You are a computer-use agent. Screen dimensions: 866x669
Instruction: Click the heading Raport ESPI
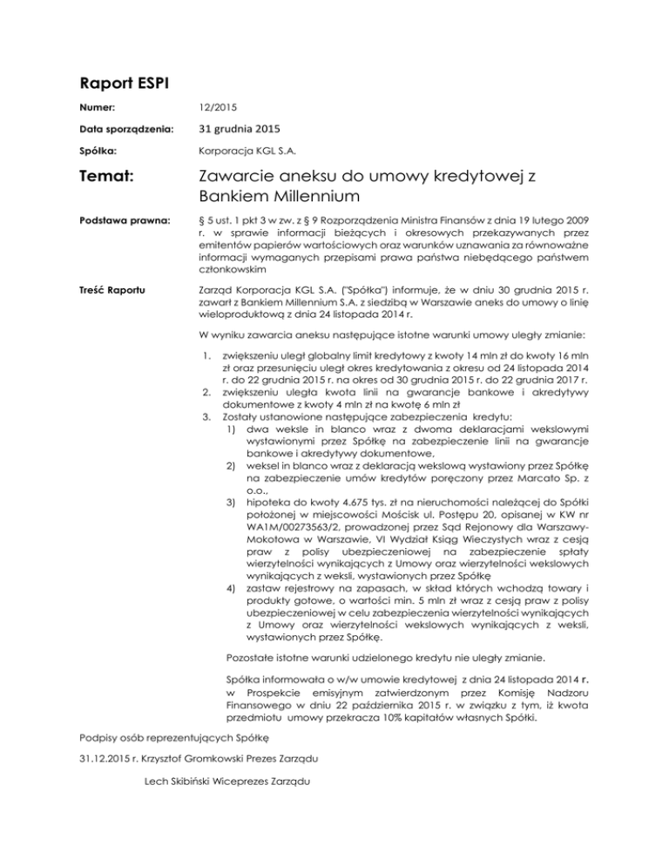[x=119, y=87]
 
